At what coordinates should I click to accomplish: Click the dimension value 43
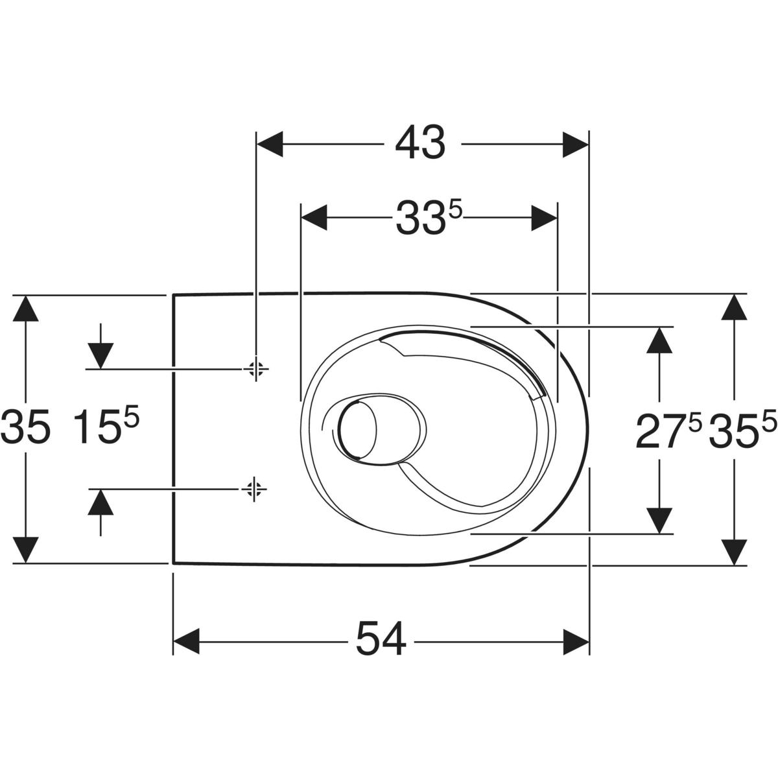pyautogui.click(x=420, y=143)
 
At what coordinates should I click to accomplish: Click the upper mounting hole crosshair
pyautogui.click(x=256, y=369)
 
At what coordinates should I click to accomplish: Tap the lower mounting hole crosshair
pyautogui.click(x=254, y=489)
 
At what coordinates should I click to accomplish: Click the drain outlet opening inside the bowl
pyautogui.click(x=359, y=430)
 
